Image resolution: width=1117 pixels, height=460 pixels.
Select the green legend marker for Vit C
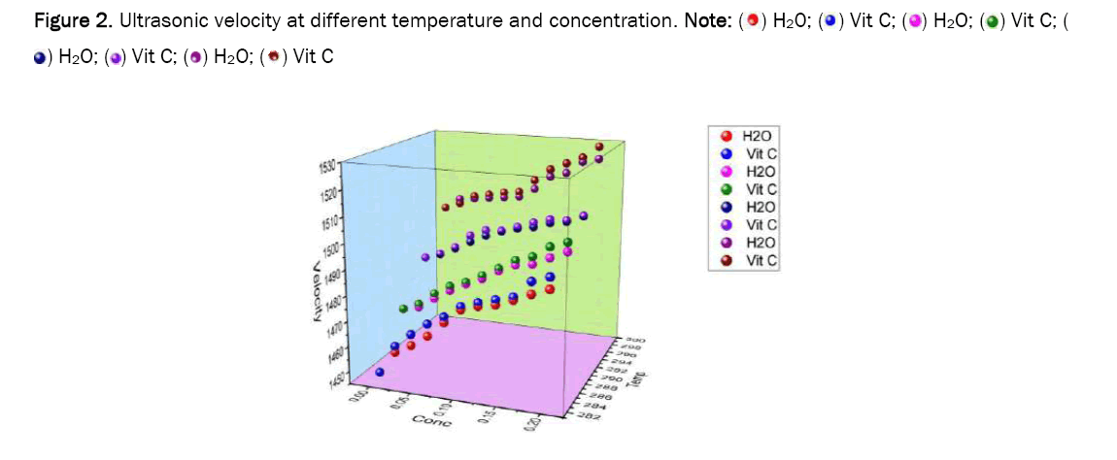coord(725,189)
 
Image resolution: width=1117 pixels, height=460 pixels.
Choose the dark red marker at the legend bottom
coord(725,260)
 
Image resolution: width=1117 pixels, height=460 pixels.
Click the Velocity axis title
coord(317,292)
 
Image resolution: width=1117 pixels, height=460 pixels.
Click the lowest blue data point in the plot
coord(380,372)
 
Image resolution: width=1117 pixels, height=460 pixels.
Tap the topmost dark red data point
coord(599,147)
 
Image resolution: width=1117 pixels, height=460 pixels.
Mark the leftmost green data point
coord(405,309)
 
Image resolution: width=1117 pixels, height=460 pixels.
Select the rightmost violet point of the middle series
coord(584,215)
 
